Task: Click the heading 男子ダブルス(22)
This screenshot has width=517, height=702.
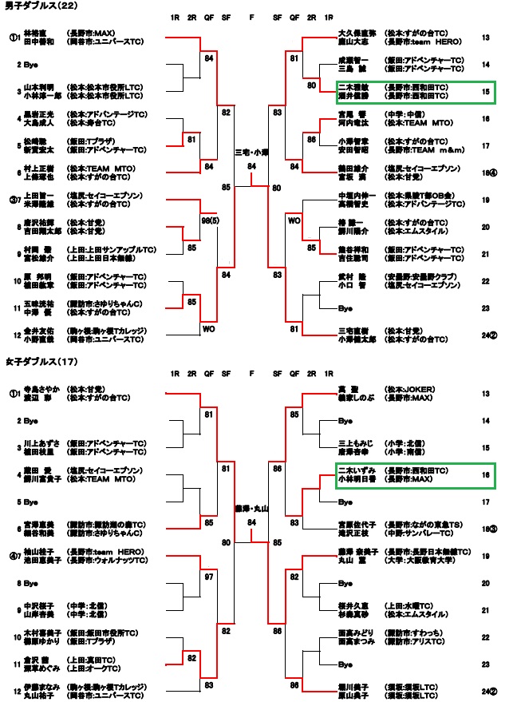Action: click(30, 6)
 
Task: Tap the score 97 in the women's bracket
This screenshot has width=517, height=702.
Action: click(208, 576)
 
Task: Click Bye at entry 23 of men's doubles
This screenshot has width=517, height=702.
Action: click(345, 307)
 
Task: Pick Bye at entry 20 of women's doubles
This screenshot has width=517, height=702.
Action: click(345, 584)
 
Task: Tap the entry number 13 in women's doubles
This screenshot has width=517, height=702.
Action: click(486, 394)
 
